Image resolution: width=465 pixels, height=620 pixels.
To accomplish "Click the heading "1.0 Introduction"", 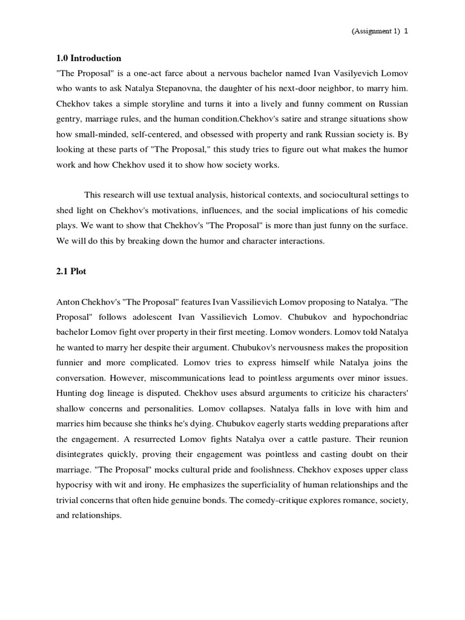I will tap(88, 58).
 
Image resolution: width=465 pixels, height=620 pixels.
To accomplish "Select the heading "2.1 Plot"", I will tap(71, 271).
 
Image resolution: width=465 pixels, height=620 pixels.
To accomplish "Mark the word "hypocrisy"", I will tap(77, 484).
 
